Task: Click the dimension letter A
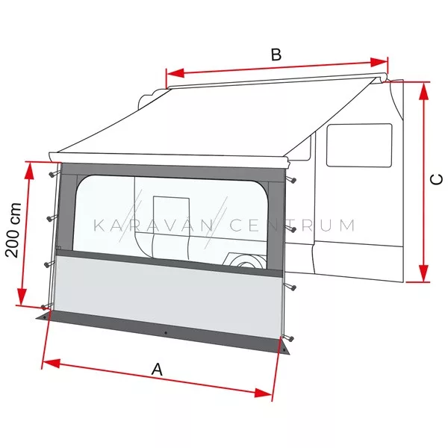157,369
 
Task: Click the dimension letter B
276,55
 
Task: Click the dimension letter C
436,179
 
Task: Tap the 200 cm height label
13,230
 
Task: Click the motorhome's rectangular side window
359,145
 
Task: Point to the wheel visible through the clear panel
246,261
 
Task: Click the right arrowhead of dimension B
379,62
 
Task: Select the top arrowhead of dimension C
423,91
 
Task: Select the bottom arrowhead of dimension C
423,273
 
